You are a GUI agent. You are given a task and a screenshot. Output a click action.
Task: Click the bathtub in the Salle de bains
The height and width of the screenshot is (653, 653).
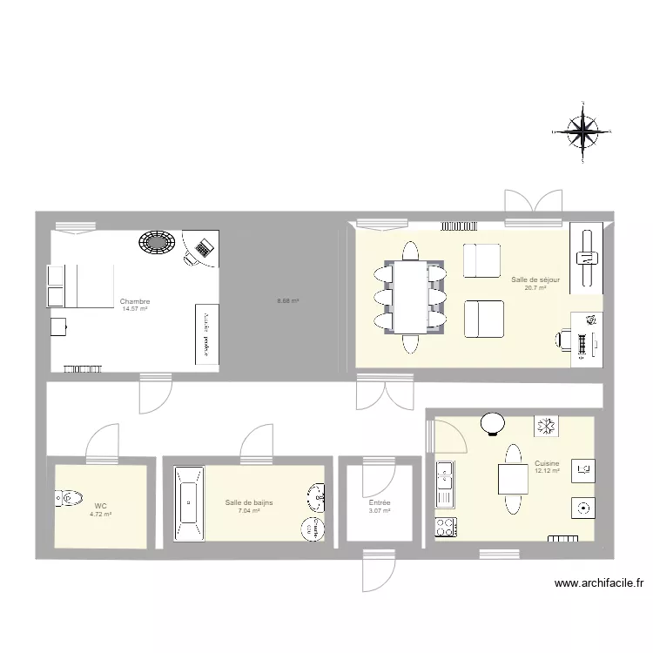click(187, 505)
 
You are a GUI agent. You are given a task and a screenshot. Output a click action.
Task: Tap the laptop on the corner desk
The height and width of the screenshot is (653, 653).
click(204, 248)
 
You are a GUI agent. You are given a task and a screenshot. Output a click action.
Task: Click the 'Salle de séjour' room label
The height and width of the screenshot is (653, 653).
click(535, 279)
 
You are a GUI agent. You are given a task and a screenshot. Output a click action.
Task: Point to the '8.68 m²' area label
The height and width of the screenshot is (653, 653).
click(288, 301)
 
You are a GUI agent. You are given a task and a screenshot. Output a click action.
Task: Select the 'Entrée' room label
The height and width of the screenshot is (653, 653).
click(379, 503)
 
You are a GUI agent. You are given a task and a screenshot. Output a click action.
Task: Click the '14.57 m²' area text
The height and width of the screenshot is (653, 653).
click(135, 308)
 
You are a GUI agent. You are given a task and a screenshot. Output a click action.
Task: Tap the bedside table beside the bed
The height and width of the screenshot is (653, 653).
click(58, 326)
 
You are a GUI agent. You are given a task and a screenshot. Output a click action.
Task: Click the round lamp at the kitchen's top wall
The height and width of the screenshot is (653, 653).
click(494, 422)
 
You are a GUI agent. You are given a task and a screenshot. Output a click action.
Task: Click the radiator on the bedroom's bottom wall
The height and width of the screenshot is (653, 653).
click(82, 369)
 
